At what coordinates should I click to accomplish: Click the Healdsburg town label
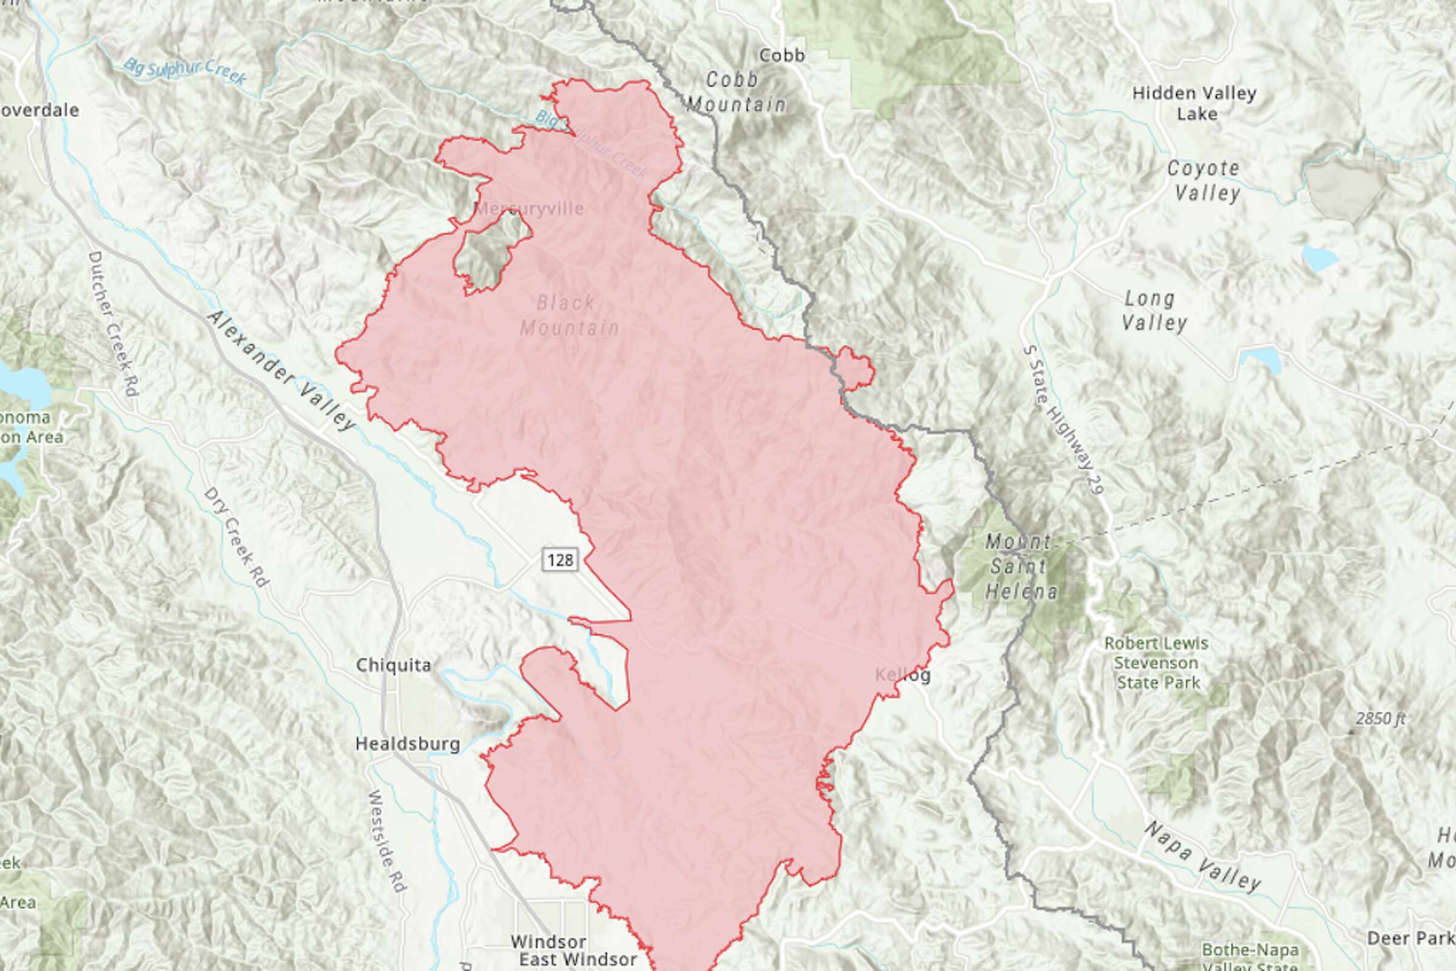[408, 744]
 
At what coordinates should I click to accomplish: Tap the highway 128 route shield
[561, 560]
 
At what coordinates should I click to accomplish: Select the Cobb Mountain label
[736, 92]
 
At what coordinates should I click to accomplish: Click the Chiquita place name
[393, 665]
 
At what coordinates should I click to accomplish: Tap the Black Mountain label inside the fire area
[568, 315]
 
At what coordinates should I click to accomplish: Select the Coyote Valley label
[1205, 180]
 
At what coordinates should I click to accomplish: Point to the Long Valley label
[1153, 311]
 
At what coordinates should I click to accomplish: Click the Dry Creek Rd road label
[236, 537]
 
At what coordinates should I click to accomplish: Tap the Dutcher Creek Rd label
[113, 323]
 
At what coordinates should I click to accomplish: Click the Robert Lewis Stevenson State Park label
[1156, 664]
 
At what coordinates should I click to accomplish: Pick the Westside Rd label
[386, 841]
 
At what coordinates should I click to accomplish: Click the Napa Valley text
[1202, 856]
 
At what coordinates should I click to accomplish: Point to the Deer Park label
[1410, 938]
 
